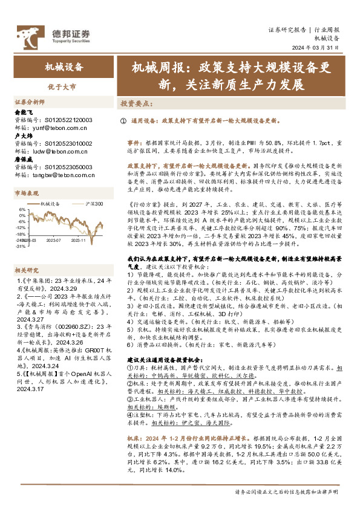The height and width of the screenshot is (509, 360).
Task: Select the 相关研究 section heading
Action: pos(27,253)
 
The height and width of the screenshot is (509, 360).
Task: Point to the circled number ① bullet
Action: pos(123,121)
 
